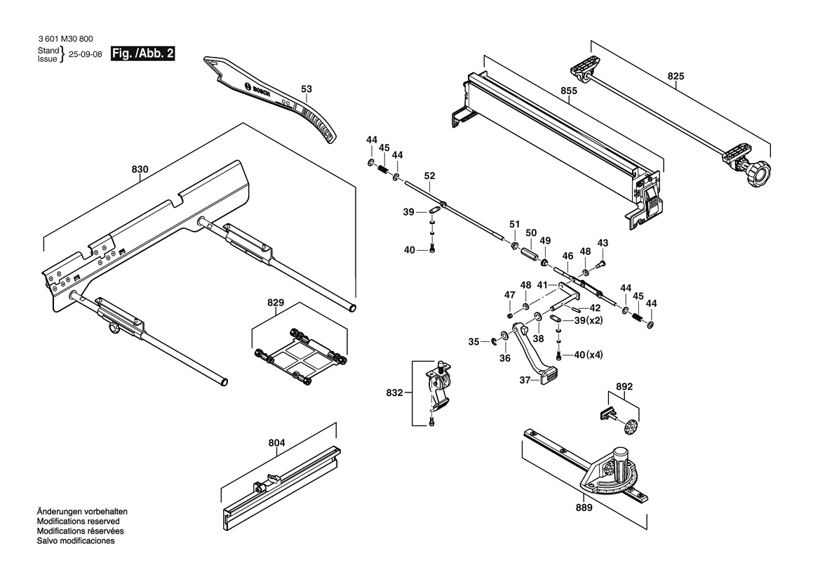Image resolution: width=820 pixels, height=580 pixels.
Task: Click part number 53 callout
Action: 306,89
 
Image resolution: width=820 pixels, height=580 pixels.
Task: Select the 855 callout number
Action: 569,91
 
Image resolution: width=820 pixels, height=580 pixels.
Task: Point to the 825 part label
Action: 676,76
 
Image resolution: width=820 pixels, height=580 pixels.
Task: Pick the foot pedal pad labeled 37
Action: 548,379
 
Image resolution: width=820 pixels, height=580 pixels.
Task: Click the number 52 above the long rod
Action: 430,176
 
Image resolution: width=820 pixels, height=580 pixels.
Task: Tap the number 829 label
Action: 276,303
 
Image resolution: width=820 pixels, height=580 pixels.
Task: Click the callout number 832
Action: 394,393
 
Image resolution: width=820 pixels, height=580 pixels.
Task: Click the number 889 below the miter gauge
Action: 584,507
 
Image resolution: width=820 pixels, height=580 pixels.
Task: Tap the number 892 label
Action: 624,386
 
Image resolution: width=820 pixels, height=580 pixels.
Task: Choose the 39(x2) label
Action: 589,320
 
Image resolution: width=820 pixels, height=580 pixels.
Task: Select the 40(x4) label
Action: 589,355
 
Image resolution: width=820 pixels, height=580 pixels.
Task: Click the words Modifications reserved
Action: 78,522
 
